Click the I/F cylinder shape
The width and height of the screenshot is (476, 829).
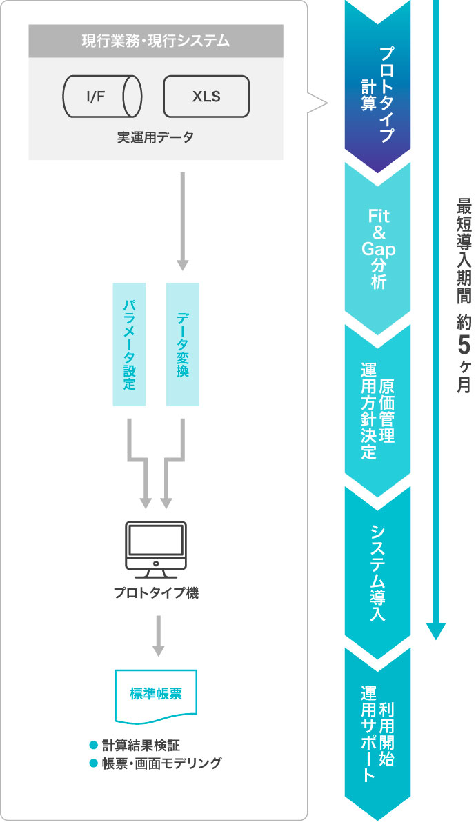point(102,96)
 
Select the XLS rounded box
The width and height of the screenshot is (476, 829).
point(206,96)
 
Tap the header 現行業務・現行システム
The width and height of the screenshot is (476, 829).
point(156,41)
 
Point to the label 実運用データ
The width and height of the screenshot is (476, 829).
point(155,138)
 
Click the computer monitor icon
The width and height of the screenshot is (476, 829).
point(155,550)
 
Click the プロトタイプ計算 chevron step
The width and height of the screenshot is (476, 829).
point(377,90)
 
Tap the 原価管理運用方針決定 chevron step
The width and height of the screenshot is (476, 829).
point(377,407)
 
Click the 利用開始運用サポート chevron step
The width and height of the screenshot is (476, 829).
point(377,735)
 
